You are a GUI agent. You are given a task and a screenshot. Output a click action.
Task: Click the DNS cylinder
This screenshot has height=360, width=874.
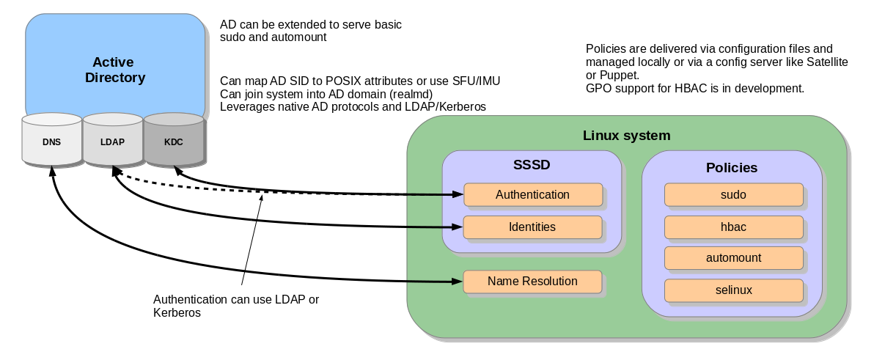point(51,142)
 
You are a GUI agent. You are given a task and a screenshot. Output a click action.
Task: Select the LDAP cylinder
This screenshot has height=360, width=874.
point(112,142)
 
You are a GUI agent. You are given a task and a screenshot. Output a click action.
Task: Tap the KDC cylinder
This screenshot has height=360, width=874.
point(173,142)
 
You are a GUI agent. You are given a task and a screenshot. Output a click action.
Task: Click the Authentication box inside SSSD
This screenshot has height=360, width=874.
point(532,195)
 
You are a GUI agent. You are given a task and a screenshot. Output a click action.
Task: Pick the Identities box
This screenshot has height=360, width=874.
point(532,227)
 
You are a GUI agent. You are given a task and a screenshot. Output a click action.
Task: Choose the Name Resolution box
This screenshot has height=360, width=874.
point(532,282)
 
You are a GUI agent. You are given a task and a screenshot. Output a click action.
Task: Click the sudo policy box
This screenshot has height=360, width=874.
point(733,195)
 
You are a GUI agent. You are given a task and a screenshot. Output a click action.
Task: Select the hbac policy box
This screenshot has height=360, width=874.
point(733,227)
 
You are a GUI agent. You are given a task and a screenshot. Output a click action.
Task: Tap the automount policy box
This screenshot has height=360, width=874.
point(733,258)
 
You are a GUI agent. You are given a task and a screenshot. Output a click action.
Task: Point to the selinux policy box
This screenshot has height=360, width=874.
point(733,290)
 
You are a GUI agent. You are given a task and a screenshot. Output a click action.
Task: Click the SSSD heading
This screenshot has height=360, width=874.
point(532,165)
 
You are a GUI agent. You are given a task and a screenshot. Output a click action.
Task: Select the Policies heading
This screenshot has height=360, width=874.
point(732,168)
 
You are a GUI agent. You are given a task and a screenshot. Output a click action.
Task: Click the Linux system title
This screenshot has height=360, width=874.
point(626,136)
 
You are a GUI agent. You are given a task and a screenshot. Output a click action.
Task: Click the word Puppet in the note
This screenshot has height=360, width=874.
point(620,76)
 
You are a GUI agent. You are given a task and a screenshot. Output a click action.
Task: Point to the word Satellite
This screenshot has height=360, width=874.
point(824,62)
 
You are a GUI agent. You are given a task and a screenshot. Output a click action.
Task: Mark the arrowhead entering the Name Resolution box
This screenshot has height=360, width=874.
point(458,282)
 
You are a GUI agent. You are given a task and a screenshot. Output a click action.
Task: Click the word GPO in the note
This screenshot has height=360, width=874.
point(598,89)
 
